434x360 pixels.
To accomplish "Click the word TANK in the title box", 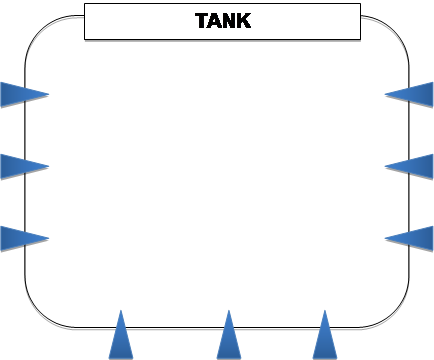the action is [x=223, y=21].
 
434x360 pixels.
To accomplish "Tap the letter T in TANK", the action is [x=202, y=21].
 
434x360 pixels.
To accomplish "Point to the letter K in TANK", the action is [x=244, y=21].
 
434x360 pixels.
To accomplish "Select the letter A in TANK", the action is [x=215, y=21].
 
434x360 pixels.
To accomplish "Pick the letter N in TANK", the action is [x=229, y=21].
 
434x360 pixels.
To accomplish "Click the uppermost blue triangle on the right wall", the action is [x=413, y=95].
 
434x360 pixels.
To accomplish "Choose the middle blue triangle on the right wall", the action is [x=413, y=167].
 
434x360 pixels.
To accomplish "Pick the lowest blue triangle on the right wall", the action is [x=413, y=239].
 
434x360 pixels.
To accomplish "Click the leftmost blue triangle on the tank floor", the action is [x=121, y=340].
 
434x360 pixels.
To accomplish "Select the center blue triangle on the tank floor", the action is [x=229, y=340].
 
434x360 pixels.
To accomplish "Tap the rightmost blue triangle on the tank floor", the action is [x=325, y=340].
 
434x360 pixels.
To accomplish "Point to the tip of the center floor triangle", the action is [x=229, y=311].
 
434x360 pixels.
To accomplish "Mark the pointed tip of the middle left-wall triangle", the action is [x=48, y=167].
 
